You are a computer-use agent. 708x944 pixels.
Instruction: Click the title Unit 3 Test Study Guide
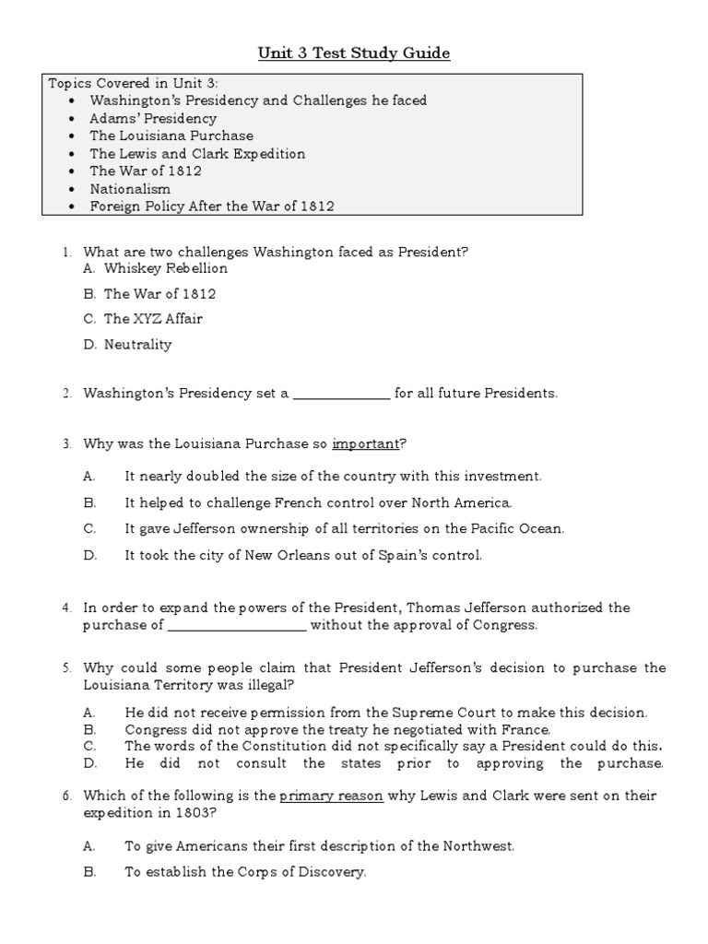click(353, 53)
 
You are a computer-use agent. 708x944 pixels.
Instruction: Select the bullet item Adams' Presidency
click(153, 118)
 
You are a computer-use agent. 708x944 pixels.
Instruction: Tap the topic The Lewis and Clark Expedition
click(197, 153)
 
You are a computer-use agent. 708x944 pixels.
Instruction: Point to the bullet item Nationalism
click(130, 188)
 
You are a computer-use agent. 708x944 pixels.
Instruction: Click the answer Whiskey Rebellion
click(166, 268)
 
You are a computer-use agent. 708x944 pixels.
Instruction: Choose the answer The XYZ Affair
click(153, 319)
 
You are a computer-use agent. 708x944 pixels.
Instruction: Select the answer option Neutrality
click(138, 345)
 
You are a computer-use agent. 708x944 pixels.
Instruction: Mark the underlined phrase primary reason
click(331, 795)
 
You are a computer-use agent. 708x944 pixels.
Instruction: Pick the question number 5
click(66, 667)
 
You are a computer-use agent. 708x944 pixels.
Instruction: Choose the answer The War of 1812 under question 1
click(160, 294)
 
